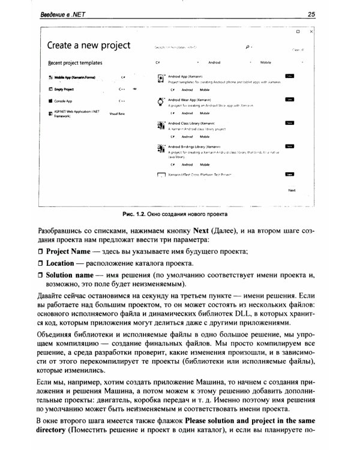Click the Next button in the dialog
(x=292, y=190)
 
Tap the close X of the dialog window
(x=310, y=30)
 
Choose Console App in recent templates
(x=63, y=101)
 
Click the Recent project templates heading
(x=75, y=63)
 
